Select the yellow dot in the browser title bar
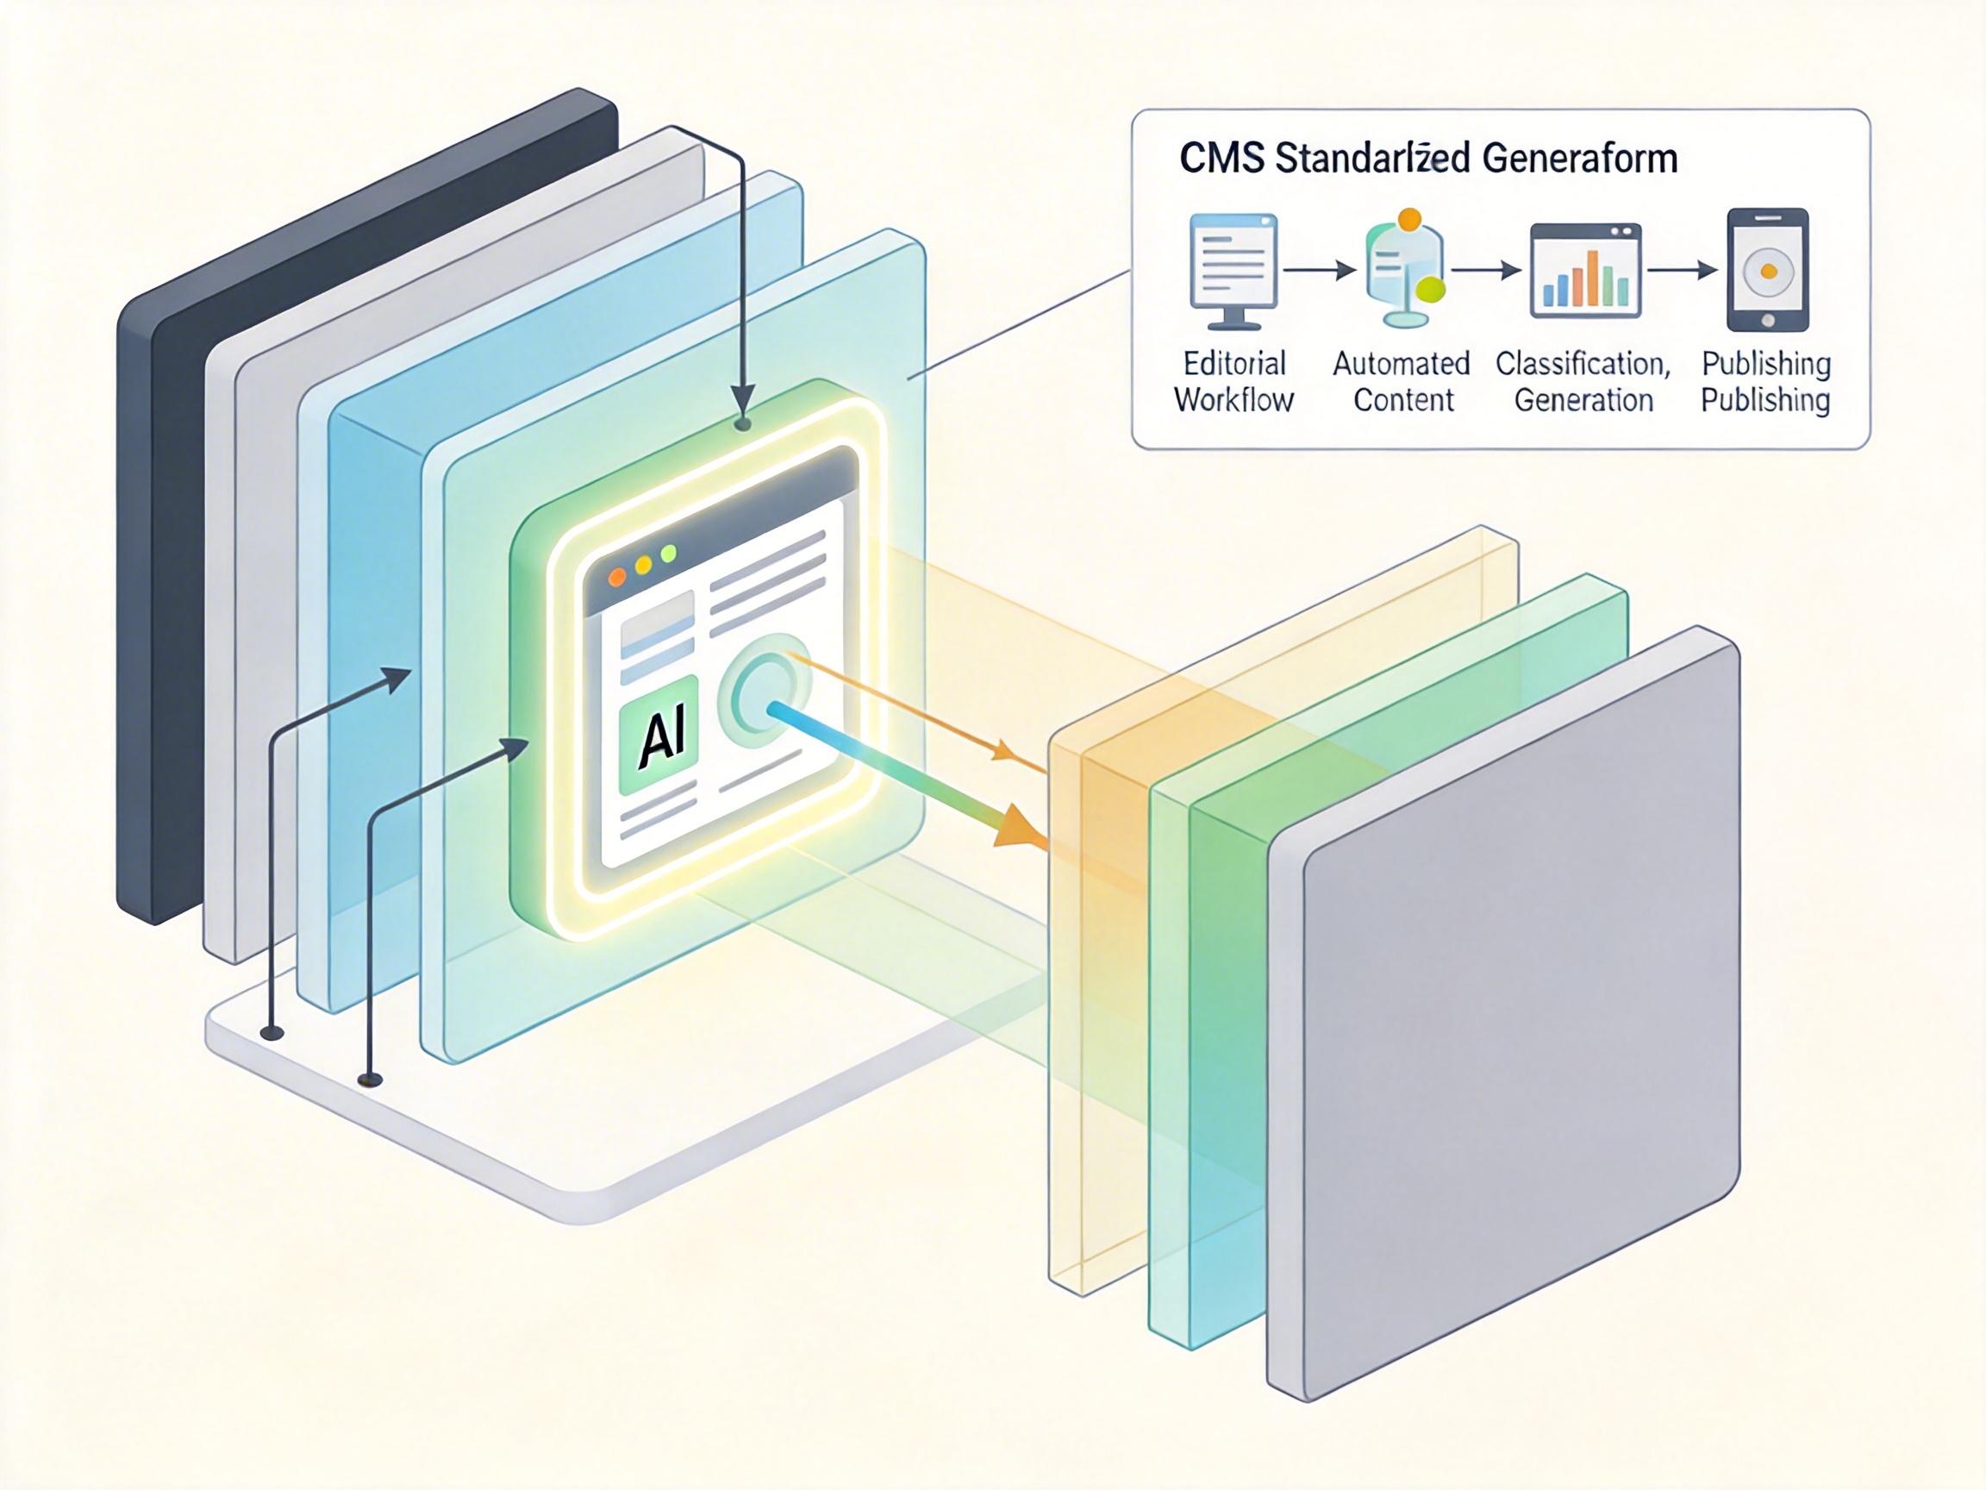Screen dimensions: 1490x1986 click(643, 566)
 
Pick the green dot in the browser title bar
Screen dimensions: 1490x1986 click(668, 554)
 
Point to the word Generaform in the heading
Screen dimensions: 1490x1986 click(1579, 159)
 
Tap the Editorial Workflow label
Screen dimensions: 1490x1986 click(1234, 382)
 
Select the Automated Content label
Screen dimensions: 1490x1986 click(1402, 382)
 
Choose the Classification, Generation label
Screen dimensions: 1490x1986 click(1583, 382)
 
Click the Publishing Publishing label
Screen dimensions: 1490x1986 click(1765, 382)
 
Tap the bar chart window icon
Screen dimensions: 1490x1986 click(1585, 272)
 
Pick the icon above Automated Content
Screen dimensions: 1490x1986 click(1403, 267)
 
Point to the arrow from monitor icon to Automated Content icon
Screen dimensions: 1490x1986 click(1319, 269)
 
